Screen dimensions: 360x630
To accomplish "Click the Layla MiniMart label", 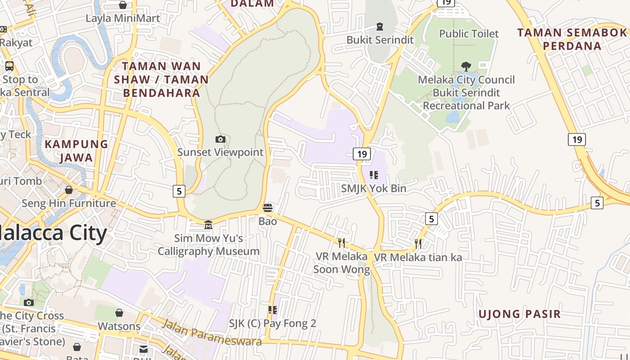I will (123, 18).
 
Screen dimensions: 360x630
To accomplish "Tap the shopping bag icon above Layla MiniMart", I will (122, 5).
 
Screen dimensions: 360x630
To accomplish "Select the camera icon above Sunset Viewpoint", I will (220, 139).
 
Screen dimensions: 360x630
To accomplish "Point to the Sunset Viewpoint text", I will (220, 152).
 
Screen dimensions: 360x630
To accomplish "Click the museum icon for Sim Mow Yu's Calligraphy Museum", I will (208, 225).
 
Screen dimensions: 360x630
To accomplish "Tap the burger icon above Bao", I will (268, 208).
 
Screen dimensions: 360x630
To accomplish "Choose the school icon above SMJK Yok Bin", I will (373, 175).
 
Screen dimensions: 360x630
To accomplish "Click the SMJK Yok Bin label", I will (373, 189).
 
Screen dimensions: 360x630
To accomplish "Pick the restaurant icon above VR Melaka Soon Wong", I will (342, 243).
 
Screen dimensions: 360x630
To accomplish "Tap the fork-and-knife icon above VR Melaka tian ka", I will (418, 244).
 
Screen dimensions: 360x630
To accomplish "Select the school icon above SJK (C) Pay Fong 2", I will (272, 310).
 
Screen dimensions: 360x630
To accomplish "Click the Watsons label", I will (119, 326).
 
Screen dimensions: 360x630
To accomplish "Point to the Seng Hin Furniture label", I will (69, 203).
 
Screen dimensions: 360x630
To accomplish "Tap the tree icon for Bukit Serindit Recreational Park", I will (466, 67).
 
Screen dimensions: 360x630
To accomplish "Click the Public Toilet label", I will (469, 34).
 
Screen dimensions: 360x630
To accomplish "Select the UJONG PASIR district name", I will (519, 314).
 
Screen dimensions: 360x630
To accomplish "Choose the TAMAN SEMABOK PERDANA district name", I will (572, 39).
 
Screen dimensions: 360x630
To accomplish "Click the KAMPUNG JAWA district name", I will (76, 151).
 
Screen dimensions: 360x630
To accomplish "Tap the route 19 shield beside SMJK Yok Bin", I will (362, 154).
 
